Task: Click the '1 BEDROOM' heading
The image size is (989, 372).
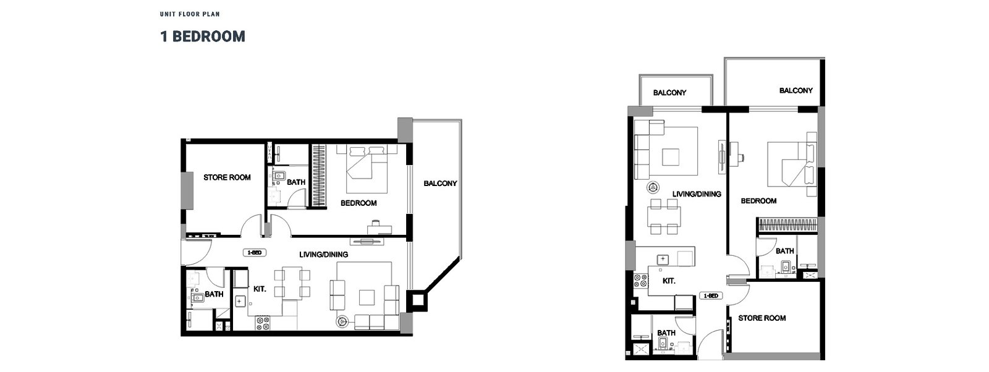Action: point(202,36)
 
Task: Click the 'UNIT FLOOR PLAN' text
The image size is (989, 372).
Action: point(189,14)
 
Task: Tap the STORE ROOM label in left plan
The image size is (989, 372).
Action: point(227,177)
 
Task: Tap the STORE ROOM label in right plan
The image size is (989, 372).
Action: point(762,318)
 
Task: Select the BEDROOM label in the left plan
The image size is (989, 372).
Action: point(359,203)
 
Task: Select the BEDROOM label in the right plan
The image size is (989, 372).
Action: point(758,201)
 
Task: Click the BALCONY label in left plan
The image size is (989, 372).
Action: point(440,183)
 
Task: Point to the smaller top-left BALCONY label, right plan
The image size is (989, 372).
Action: point(670,93)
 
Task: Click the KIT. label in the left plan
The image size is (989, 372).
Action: point(260,288)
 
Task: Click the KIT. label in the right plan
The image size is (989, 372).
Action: point(669,281)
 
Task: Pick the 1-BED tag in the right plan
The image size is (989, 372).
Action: point(710,296)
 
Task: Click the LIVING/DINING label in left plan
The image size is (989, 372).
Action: point(323,254)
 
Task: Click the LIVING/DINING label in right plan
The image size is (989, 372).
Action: point(697,193)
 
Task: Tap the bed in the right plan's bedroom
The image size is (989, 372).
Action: point(791,164)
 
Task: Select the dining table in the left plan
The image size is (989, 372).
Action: point(290,283)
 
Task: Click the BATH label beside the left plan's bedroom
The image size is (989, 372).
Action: point(295,182)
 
